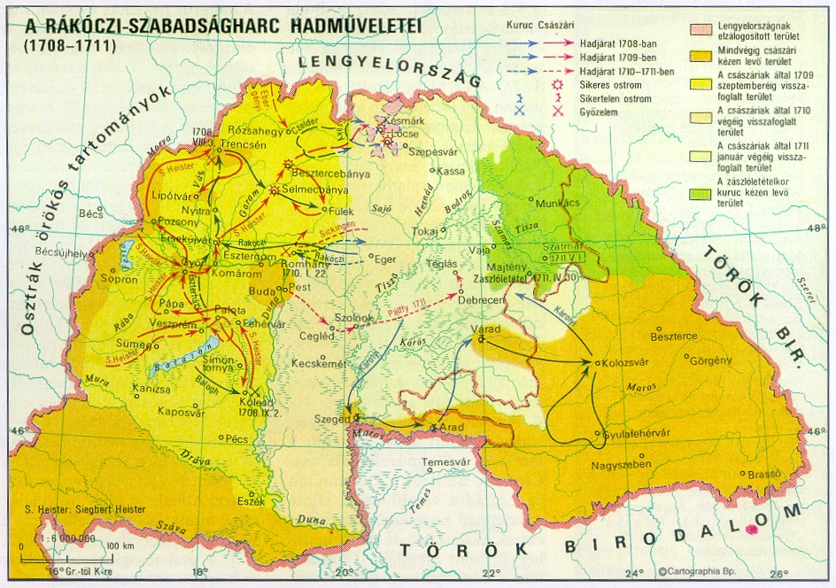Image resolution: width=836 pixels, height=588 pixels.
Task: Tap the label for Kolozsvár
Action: coord(626,363)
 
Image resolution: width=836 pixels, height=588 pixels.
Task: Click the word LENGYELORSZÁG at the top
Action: coord(388,71)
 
